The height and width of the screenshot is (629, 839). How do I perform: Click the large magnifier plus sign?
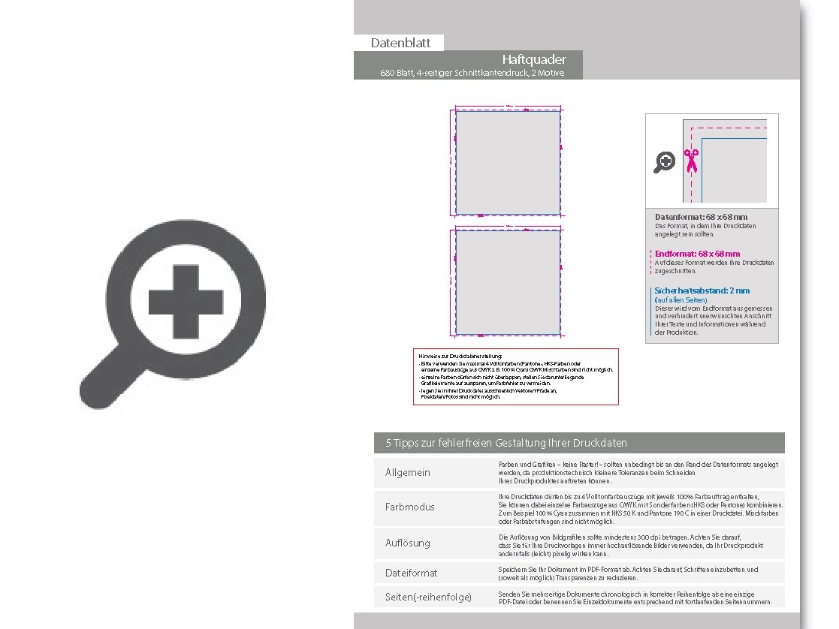coord(186,301)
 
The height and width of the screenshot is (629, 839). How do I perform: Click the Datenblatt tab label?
coord(398,43)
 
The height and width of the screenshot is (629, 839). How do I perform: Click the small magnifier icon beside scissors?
coord(665,161)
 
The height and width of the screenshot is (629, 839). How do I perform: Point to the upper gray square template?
coord(508,163)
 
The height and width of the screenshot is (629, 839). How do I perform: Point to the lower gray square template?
coord(508,281)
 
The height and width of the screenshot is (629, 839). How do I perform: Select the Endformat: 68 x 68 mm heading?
coord(697,254)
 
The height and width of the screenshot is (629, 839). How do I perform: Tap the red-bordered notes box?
coord(515,377)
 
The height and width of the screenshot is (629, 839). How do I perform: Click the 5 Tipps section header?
coord(506,443)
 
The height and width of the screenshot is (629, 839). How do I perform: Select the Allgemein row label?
coord(408,472)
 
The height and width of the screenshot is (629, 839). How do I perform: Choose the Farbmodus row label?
coord(410,507)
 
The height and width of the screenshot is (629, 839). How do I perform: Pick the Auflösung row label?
coord(408,542)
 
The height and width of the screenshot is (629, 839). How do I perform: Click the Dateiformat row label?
coord(411,573)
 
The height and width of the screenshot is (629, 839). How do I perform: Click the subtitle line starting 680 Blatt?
coord(472,73)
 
